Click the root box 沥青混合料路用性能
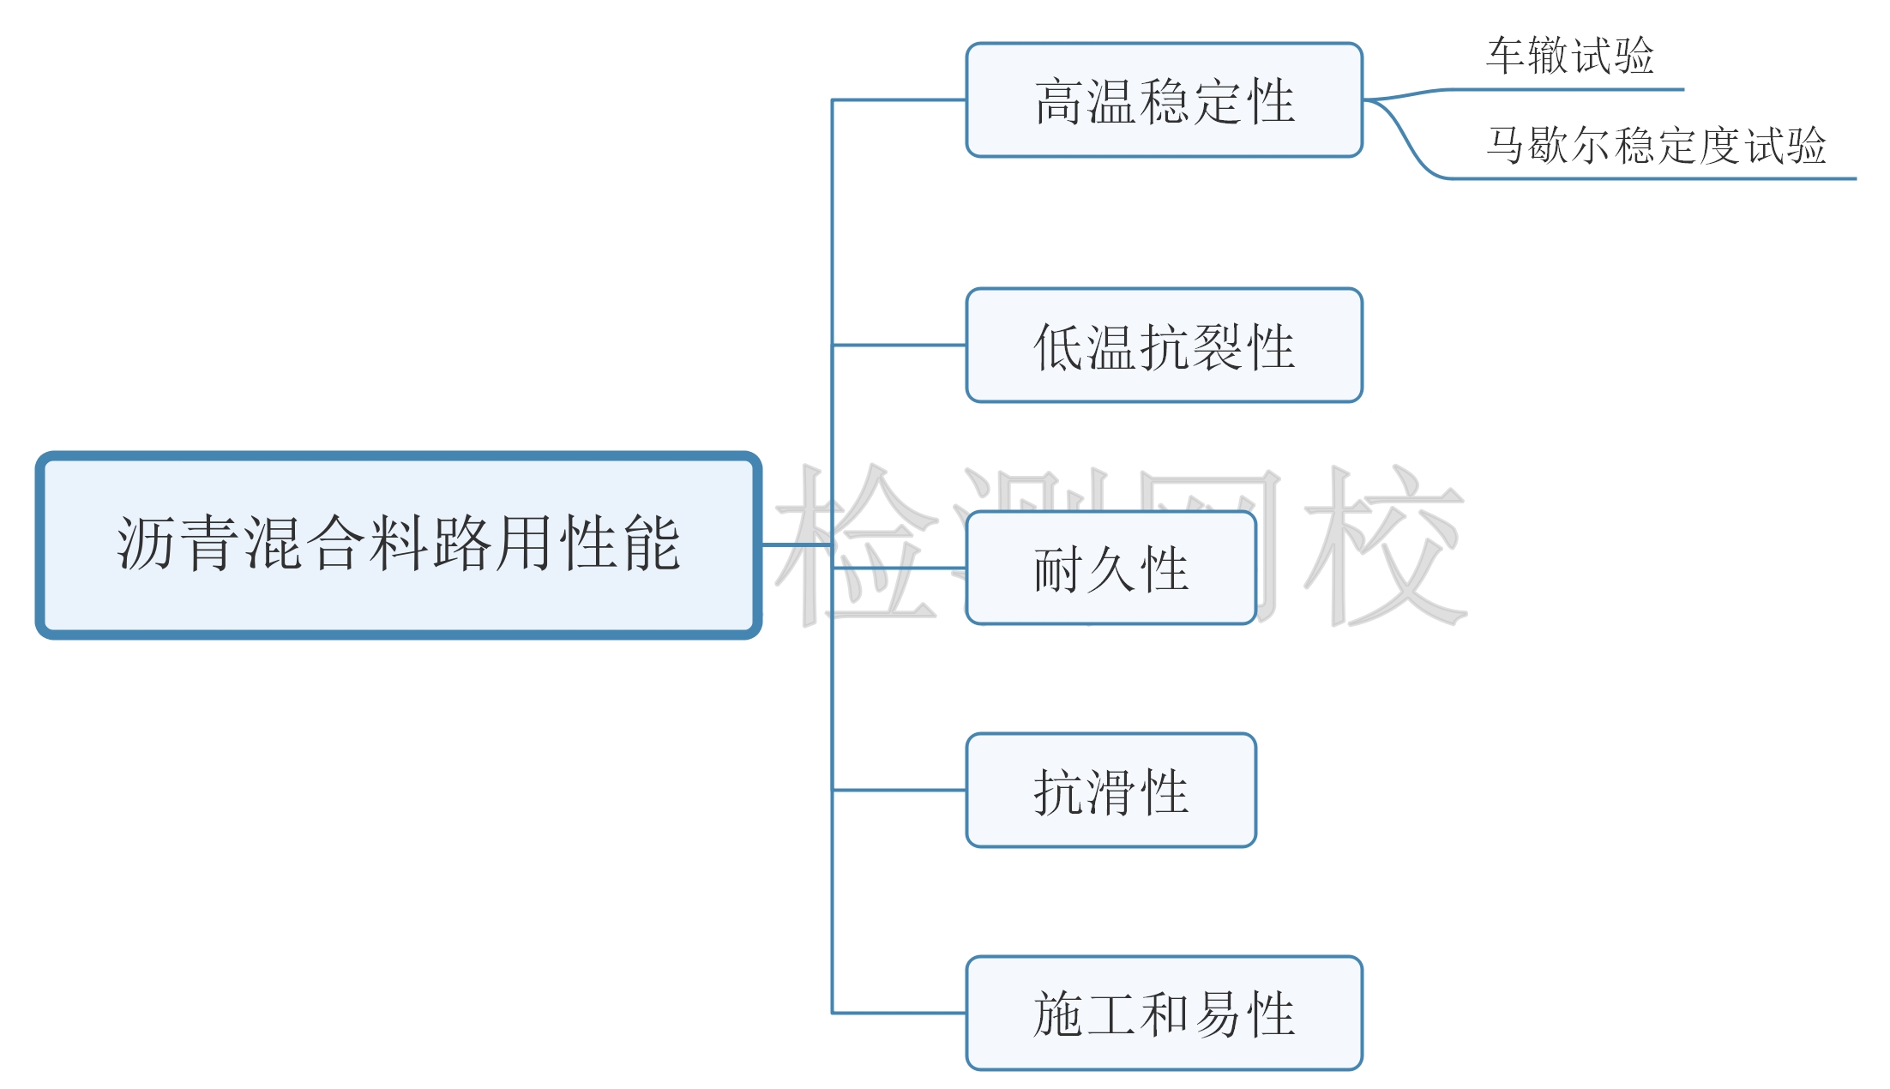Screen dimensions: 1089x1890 (398, 545)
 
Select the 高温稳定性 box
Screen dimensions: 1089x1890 (1164, 100)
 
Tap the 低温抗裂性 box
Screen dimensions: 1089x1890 (1164, 346)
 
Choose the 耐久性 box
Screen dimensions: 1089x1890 (1111, 568)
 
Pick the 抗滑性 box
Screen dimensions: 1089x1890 (1111, 791)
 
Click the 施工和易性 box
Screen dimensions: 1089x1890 (1164, 1014)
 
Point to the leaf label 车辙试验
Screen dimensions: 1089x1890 (1569, 56)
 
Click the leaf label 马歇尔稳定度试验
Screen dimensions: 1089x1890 (1656, 145)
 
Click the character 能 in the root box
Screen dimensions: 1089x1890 (653, 544)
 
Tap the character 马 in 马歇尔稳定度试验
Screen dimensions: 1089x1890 (1506, 145)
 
